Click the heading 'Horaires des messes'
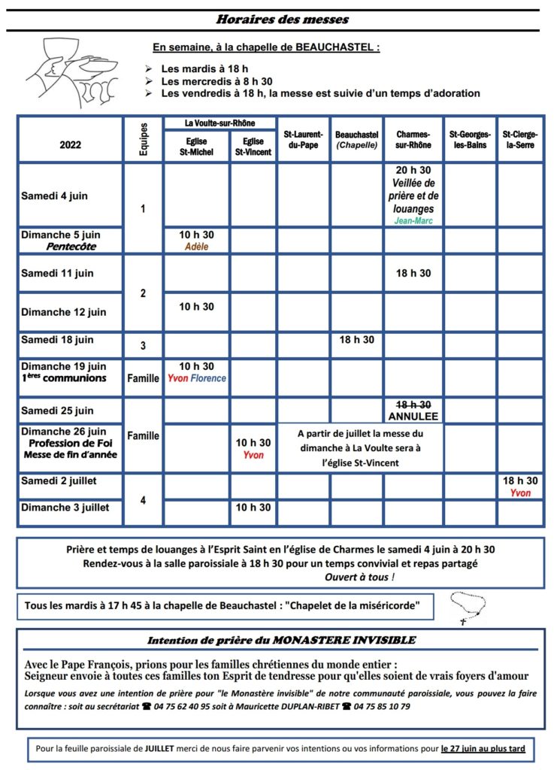282,19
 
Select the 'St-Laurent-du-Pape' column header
304,139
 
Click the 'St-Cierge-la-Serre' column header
520,139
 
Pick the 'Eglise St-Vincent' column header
253,147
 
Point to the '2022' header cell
70,145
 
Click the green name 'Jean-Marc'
413,221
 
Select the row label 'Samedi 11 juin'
57,273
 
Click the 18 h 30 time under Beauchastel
356,340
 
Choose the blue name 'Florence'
208,378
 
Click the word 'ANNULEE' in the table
413,416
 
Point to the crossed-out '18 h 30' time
413,404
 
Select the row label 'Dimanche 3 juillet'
65,508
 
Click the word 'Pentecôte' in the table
71,246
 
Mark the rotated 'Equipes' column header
144,139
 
